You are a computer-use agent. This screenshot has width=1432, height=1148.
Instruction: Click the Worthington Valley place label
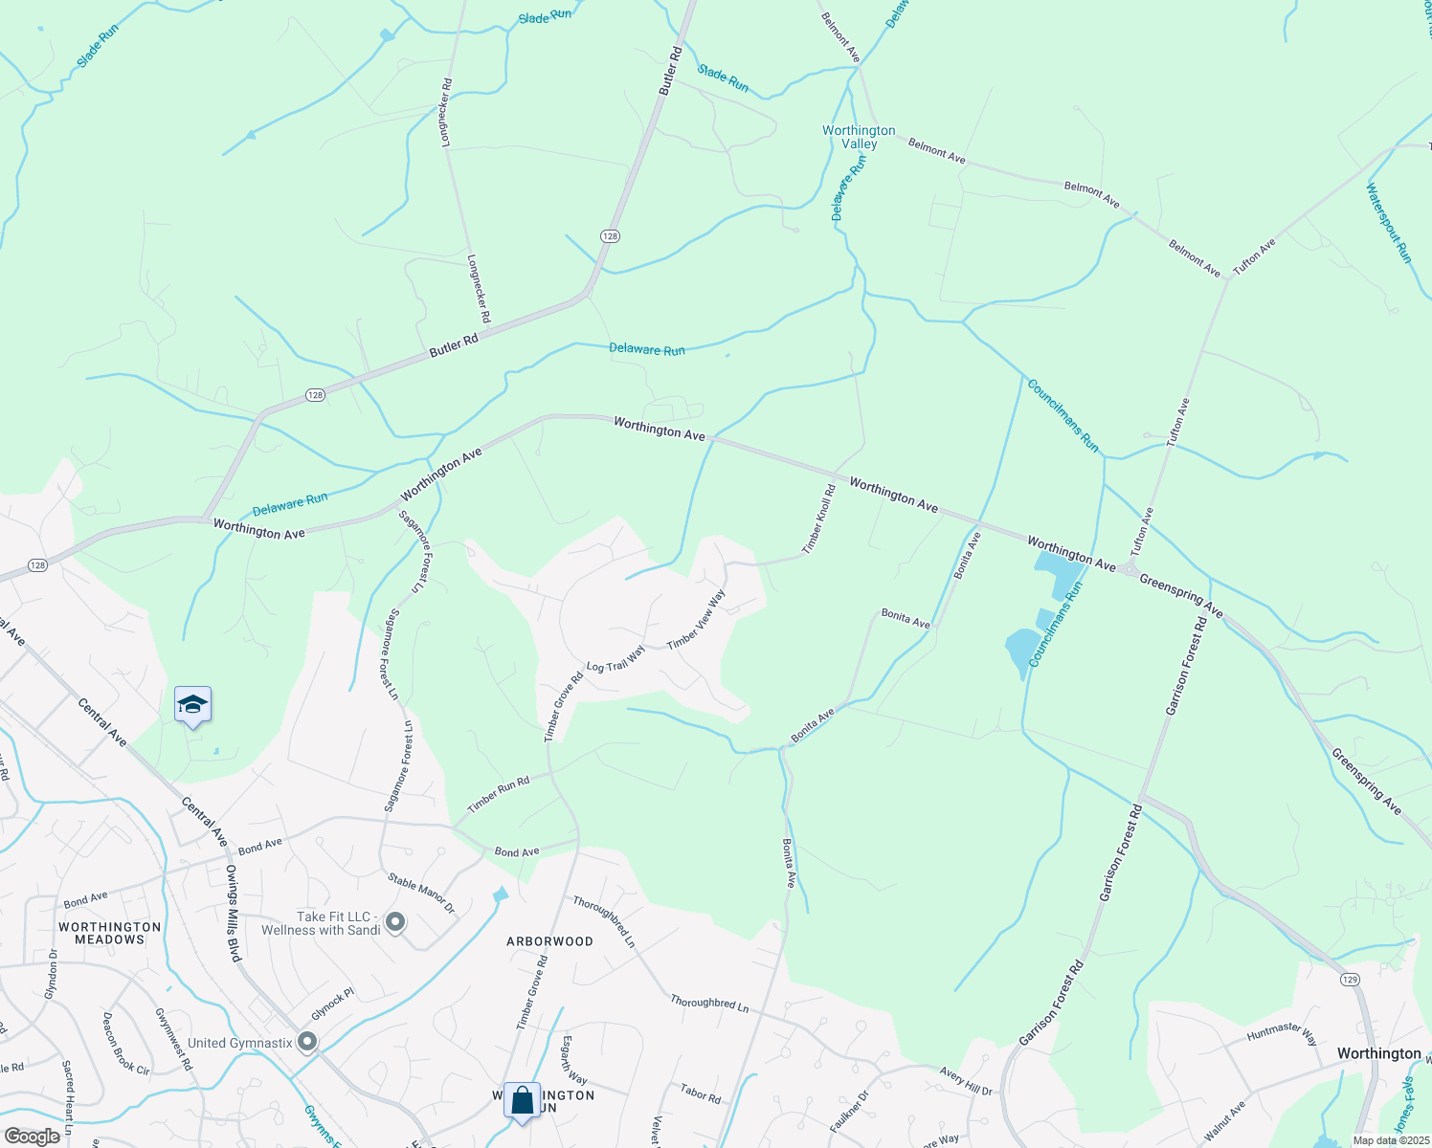[859, 137]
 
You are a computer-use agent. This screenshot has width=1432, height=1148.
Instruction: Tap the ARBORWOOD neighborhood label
[549, 941]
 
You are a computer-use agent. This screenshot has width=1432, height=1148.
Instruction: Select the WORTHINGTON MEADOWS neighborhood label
[110, 933]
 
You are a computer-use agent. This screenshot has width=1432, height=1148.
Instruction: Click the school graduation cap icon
[192, 705]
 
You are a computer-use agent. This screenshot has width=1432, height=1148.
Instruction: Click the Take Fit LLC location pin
[394, 923]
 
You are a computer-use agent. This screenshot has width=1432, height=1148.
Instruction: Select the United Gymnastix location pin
[307, 1042]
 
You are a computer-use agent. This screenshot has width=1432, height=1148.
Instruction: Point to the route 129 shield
[1349, 979]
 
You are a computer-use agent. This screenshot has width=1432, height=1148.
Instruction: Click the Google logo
[32, 1136]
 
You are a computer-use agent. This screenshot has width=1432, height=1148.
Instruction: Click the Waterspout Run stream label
[1388, 222]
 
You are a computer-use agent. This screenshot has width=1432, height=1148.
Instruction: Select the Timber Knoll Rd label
[818, 519]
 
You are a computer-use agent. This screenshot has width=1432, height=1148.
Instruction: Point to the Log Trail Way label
[615, 659]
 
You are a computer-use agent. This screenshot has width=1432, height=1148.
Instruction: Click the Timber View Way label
[696, 619]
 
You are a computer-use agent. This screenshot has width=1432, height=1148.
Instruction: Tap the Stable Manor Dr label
[421, 893]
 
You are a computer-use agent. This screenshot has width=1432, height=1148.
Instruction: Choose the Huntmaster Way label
[1282, 1033]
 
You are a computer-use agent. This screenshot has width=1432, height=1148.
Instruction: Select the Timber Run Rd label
[498, 794]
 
